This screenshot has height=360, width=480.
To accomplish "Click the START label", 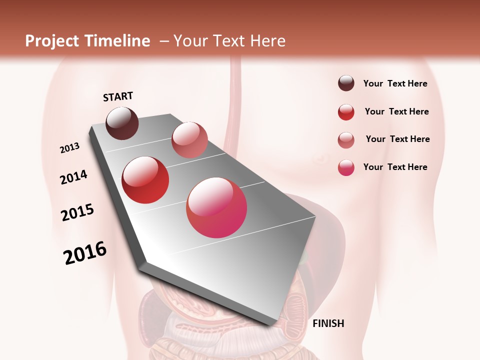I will (x=118, y=96).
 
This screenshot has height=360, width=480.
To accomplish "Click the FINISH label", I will (x=328, y=323).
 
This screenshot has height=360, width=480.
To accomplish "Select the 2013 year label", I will (x=70, y=148).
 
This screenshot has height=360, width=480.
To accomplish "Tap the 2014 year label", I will (x=73, y=177).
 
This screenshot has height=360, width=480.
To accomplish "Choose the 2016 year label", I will (x=85, y=253).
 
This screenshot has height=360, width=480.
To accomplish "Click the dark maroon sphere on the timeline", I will (x=122, y=123).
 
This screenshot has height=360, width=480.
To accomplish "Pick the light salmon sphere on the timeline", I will (x=189, y=140).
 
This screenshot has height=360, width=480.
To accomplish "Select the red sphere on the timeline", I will (x=145, y=180).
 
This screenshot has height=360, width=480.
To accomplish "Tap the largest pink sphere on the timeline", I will (x=216, y=207).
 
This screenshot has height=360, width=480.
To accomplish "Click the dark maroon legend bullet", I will (x=346, y=83).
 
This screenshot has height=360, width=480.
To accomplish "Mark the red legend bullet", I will (x=346, y=112).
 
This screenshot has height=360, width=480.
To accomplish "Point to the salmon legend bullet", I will (x=346, y=140).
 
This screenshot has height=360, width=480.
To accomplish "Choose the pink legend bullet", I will (x=346, y=167).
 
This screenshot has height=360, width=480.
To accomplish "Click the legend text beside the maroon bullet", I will (x=395, y=83).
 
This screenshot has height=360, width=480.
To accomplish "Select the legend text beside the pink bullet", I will (x=395, y=167).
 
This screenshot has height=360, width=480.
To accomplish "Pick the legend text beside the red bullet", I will (x=396, y=111).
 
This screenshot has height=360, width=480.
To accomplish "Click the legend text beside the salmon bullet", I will (x=397, y=139).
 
